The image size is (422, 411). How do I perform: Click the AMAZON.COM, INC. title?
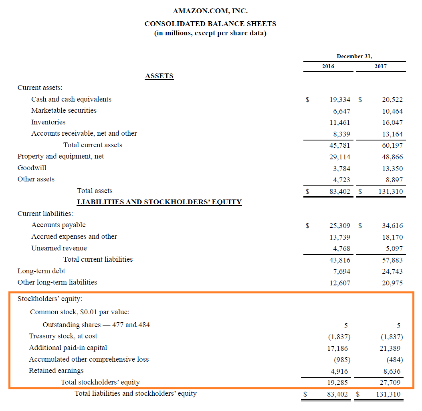[x=210, y=11]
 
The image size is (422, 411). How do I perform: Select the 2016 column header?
[x=328, y=66]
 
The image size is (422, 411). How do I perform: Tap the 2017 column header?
[x=380, y=66]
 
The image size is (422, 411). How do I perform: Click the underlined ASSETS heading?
[x=159, y=76]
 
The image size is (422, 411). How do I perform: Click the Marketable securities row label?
[x=64, y=110]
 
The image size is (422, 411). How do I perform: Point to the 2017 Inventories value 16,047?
[x=392, y=122]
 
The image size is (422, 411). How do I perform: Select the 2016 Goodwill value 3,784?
[x=341, y=169]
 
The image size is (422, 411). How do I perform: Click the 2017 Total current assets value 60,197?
[x=392, y=145]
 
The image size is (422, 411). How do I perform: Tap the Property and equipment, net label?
[x=61, y=156]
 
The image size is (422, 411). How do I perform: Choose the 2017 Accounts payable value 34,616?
[x=392, y=226]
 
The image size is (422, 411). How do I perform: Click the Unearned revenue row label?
[x=59, y=248]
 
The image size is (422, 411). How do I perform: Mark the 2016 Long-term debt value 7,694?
[x=341, y=271]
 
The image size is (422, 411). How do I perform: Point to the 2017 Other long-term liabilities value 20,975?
[x=392, y=283]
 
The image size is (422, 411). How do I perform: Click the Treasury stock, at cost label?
[x=63, y=336]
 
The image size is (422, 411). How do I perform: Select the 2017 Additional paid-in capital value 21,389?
[x=390, y=348]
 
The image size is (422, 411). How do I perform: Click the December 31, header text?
[x=354, y=56]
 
